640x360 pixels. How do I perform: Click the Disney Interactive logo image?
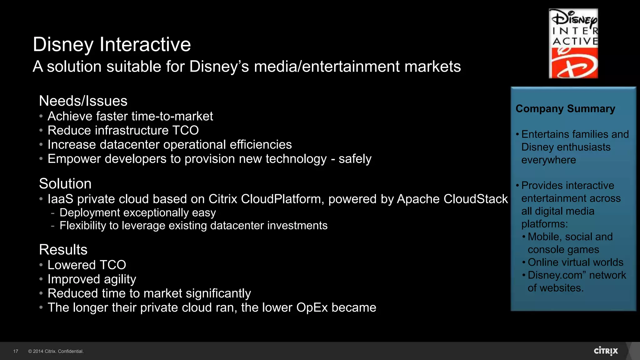click(573, 43)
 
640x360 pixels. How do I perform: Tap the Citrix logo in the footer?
click(606, 351)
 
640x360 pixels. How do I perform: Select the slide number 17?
click(16, 351)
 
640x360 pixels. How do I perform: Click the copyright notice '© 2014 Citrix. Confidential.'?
click(56, 351)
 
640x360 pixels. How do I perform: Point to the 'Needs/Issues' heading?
click(83, 101)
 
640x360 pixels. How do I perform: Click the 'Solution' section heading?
click(65, 183)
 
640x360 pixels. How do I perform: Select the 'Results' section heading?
click(63, 249)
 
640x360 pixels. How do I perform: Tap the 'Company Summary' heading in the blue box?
click(565, 108)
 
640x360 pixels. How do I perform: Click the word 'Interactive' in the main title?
click(145, 44)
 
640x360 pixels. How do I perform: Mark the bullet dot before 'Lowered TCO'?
click(41, 265)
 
